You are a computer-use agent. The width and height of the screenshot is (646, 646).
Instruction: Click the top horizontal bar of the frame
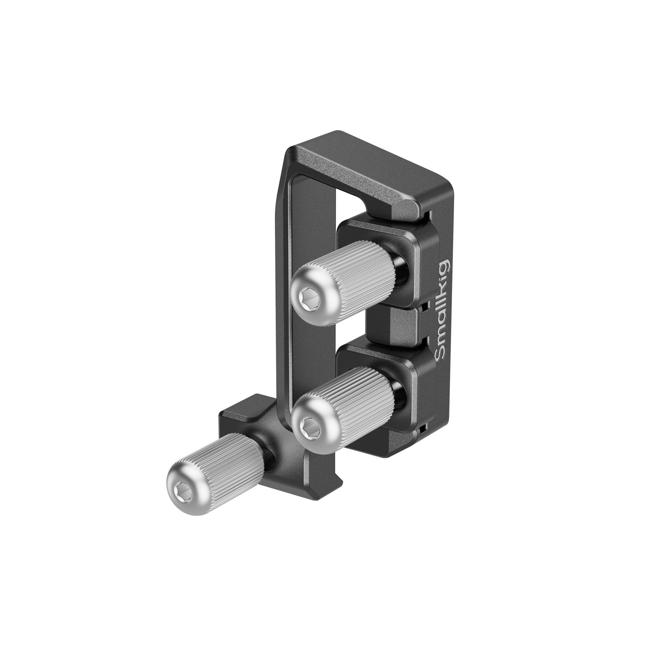coord(363,170)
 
